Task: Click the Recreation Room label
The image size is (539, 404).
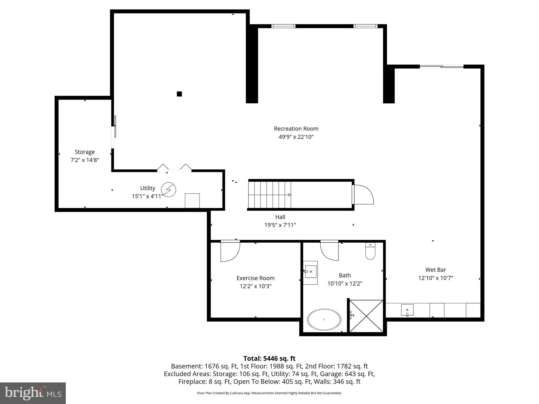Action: click(296, 129)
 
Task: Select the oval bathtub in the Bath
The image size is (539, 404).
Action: click(324, 320)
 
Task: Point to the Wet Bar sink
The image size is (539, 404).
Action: click(407, 310)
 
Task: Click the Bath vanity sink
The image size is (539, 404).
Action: click(311, 271)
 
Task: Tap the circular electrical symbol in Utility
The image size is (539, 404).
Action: click(168, 189)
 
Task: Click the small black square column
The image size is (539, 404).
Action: click(179, 94)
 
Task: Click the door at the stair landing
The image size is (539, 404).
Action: click(362, 195)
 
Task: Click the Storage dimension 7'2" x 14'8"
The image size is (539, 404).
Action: click(85, 160)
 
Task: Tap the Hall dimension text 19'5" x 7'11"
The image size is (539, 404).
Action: click(280, 225)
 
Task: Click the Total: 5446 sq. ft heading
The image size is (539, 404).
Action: click(269, 358)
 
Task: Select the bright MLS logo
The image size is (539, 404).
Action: click(33, 393)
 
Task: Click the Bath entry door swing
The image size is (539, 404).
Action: click(330, 251)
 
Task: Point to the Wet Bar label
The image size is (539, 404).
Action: click(436, 270)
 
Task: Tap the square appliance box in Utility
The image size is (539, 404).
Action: click(192, 201)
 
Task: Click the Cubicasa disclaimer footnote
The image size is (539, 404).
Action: click(269, 393)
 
